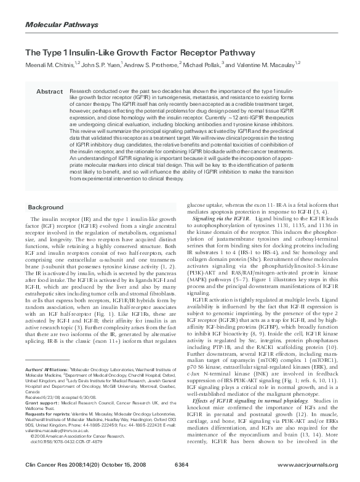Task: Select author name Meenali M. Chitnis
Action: pyautogui.click(x=47, y=65)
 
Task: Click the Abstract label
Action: pyautogui.click(x=49, y=92)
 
